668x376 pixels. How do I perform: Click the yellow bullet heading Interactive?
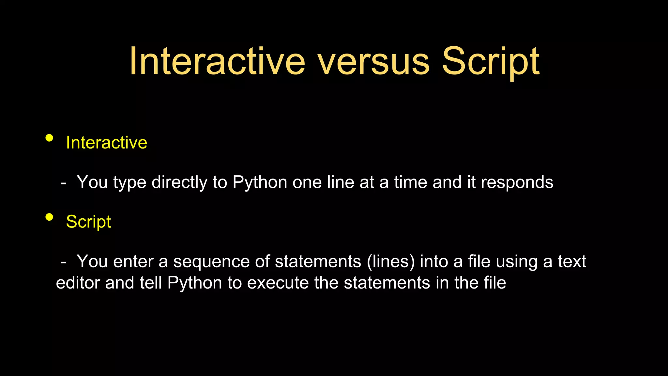coord(106,143)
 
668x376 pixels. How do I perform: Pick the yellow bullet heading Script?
coord(88,222)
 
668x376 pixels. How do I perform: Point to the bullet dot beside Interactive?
coord(49,138)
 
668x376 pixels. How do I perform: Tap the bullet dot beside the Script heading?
coord(49,217)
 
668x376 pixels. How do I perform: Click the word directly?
coord(179,182)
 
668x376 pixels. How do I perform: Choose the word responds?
coord(517,182)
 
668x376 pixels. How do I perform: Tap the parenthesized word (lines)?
coord(391,262)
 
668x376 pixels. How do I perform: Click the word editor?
coord(78,283)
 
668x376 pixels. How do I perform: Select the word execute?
coord(278,283)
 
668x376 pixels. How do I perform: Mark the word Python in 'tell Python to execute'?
coord(195,283)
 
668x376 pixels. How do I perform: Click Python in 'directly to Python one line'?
coord(260,183)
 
